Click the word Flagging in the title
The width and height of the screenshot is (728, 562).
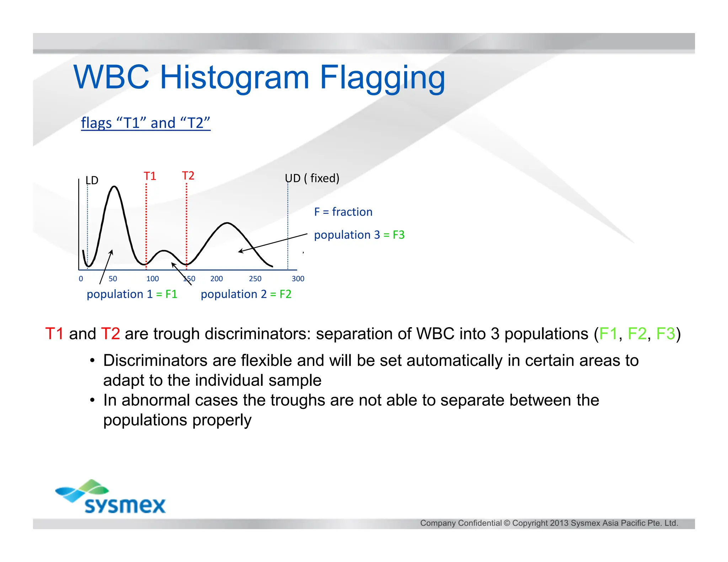[x=382, y=78]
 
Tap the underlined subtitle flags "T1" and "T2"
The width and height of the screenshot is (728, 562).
[x=146, y=123]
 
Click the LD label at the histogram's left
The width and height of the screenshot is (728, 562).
[x=92, y=180]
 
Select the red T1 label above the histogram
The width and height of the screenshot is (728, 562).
[x=150, y=176]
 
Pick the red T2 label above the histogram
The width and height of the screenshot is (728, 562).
[x=188, y=176]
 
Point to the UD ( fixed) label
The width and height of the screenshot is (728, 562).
[x=312, y=178]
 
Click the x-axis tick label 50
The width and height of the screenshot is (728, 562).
[x=113, y=279]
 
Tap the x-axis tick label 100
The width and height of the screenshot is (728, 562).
[x=152, y=279]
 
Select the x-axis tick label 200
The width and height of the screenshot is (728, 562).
[x=216, y=279]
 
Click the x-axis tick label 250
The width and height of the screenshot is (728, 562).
[x=255, y=279]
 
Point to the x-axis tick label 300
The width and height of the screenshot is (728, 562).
[x=298, y=279]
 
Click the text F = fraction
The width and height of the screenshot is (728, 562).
[x=343, y=212]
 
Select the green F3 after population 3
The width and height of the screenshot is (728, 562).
[x=398, y=235]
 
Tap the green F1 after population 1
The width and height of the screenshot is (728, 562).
[x=171, y=294]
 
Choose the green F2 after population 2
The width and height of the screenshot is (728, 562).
[x=285, y=294]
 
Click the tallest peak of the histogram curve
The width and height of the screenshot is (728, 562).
[x=114, y=187]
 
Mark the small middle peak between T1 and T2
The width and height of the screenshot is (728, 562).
[x=164, y=251]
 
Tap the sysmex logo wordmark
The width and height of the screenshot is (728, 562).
[x=125, y=505]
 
